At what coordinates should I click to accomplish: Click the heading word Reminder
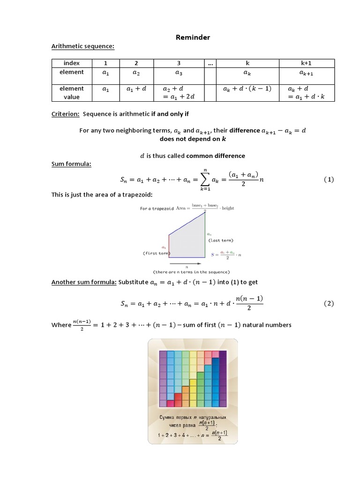pos(193,37)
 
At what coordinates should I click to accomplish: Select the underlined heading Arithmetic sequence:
pos(82,46)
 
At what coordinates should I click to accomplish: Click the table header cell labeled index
pos(71,63)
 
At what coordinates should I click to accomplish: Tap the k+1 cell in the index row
pos(307,63)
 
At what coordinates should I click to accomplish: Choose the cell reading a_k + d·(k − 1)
pos(247,89)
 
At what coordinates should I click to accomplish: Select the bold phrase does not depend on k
pos(193,139)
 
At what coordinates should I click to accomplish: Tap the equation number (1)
pos(329,180)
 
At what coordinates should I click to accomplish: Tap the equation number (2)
pos(329,303)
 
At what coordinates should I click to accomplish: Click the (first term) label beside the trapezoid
pos(156,253)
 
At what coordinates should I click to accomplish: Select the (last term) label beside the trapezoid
pos(220,240)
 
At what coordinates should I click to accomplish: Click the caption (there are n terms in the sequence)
pos(191,272)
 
